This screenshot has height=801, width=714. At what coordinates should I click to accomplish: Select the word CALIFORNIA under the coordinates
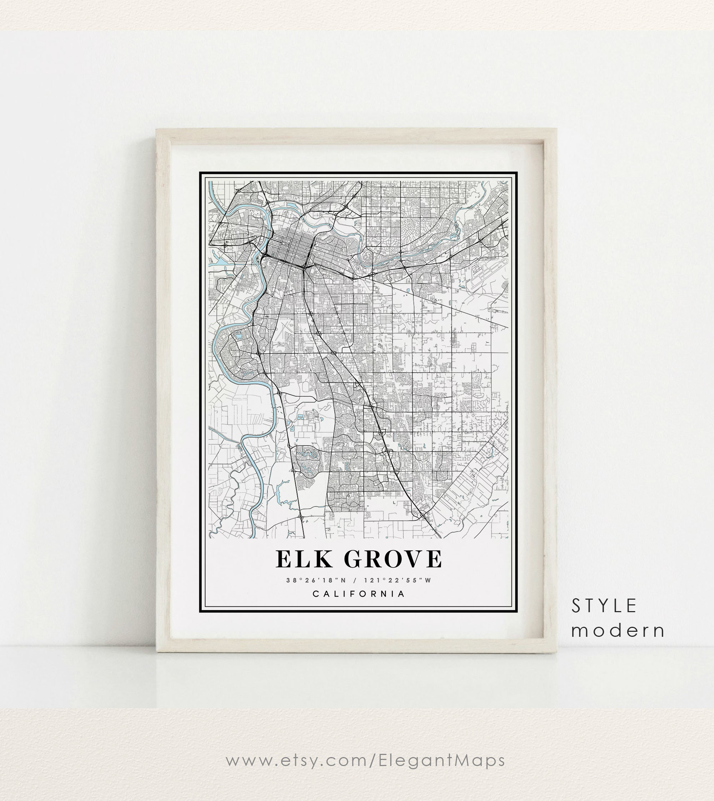(358, 594)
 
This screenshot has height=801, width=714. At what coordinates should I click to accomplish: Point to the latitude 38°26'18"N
(316, 580)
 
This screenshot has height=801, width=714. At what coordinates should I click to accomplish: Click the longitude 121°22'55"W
(397, 580)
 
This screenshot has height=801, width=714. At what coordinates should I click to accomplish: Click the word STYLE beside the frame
(604, 606)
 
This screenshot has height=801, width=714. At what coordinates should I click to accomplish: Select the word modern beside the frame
(618, 631)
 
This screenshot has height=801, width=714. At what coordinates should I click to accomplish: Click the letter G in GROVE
(356, 559)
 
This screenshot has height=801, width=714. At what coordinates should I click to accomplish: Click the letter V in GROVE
(413, 559)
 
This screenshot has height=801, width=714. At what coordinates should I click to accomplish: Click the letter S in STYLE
(576, 606)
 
